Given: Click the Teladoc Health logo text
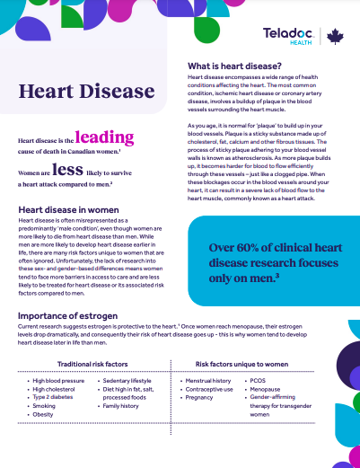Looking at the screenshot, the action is (287, 35).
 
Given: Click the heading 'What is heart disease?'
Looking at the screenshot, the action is (237, 66).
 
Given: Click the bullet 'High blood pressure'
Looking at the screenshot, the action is (60, 381).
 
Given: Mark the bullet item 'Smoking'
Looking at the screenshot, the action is (44, 406).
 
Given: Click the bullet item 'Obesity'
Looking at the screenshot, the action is (43, 415).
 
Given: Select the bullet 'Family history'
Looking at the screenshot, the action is (125, 406).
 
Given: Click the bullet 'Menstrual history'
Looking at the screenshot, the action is (208, 381).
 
